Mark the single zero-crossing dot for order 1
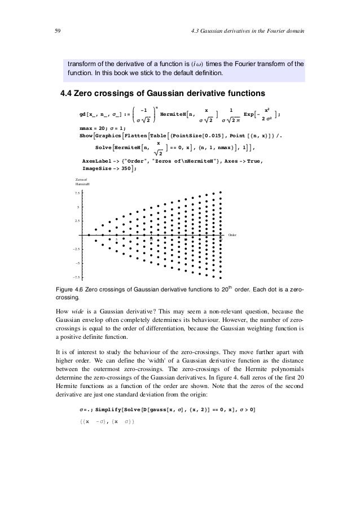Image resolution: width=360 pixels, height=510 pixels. point(89,235)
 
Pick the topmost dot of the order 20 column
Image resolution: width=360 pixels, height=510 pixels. point(221,192)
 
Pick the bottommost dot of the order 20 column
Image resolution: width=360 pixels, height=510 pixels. point(221,278)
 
